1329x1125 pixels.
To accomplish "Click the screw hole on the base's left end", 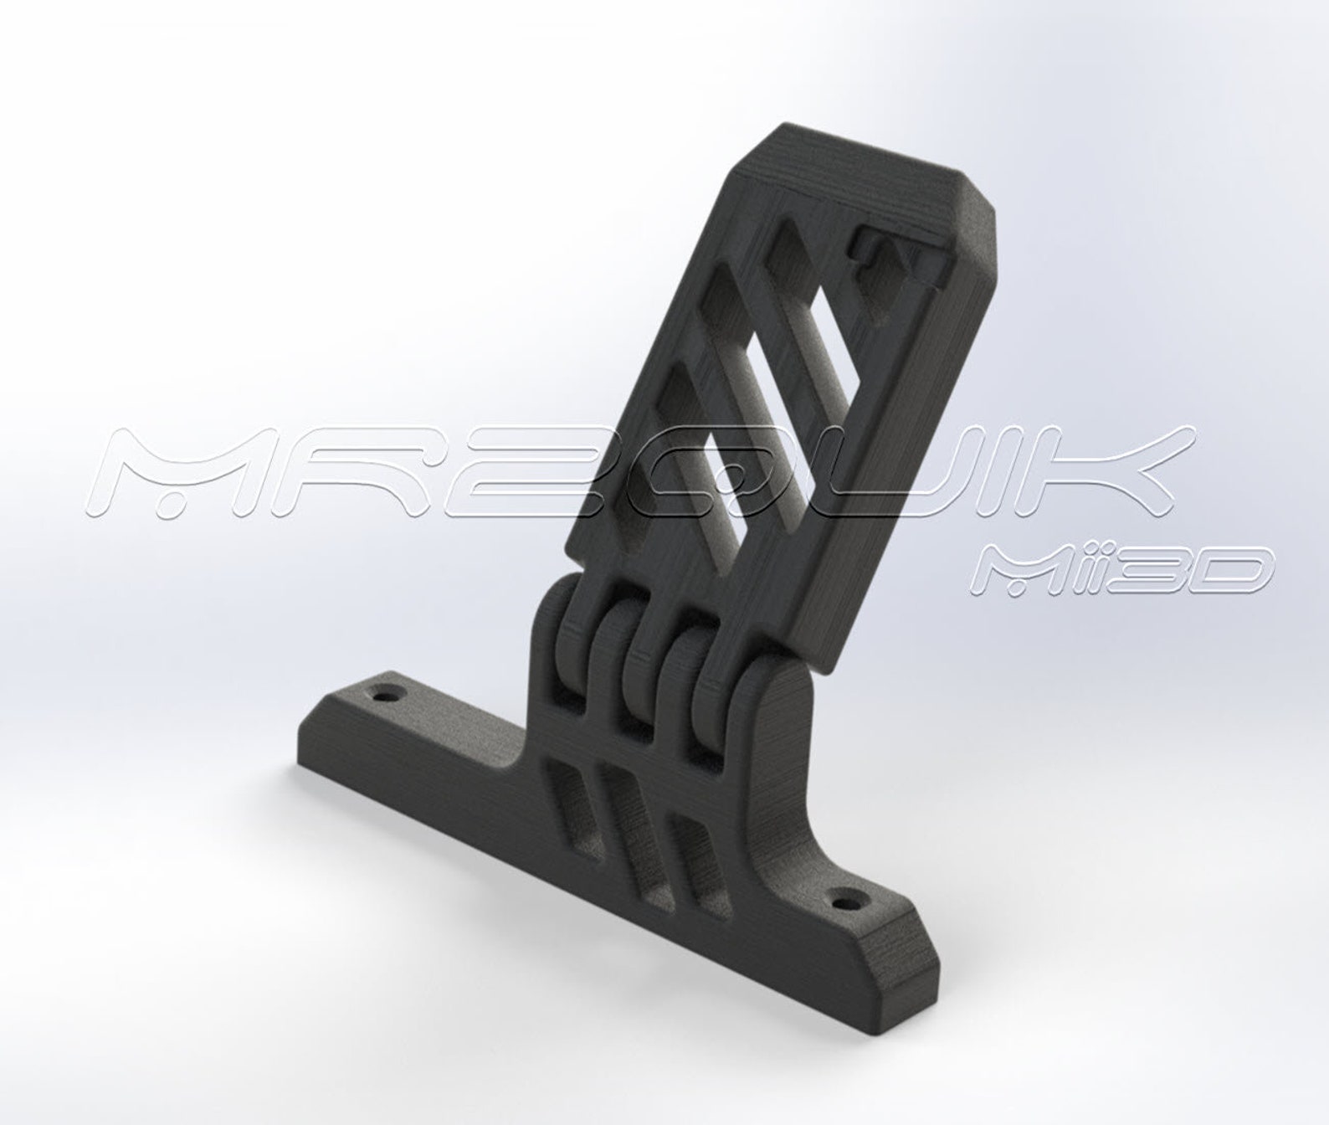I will click(x=387, y=695).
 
